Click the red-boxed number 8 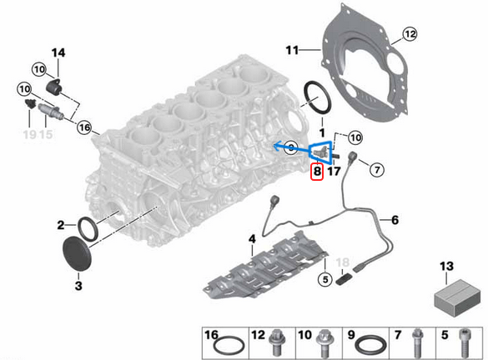316,173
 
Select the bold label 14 58,53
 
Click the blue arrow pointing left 284,147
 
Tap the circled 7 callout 375,170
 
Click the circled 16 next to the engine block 83,127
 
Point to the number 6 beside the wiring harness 395,220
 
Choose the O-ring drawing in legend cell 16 224,345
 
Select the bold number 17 333,173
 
